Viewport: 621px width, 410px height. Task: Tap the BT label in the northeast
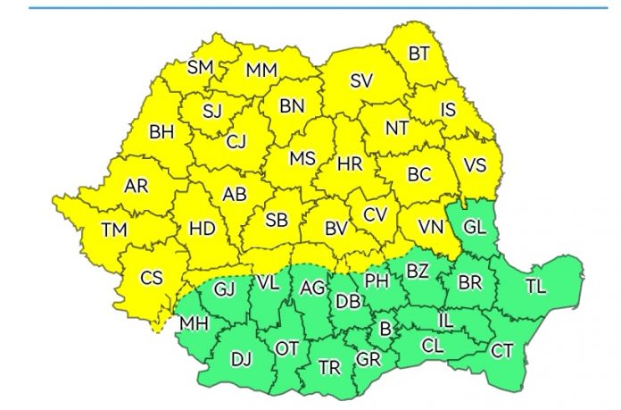[x=418, y=54]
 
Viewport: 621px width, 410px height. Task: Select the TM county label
[x=114, y=230]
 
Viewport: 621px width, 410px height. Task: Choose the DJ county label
[x=241, y=360]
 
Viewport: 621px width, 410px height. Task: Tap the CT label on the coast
[x=502, y=350]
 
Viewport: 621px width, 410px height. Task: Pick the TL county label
[x=536, y=287]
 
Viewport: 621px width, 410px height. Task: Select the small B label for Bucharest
[x=385, y=329]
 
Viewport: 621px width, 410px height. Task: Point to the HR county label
[x=350, y=163]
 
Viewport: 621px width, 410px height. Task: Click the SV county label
[x=360, y=81]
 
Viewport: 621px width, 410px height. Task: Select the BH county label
[x=161, y=132]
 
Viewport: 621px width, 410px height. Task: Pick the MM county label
[x=261, y=70]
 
